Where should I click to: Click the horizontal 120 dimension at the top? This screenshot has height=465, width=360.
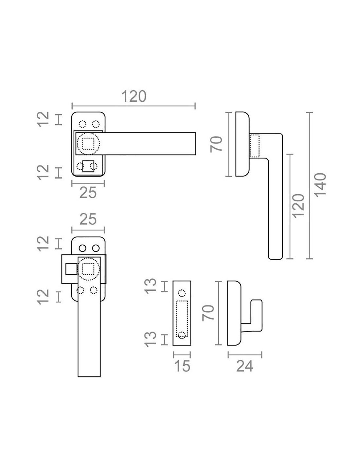134,97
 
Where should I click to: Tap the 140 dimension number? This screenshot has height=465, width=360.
320,185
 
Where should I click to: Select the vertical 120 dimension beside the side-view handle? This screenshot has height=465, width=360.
298,206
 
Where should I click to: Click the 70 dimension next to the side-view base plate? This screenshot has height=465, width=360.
216,144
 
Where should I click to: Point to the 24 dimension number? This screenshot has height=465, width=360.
244,366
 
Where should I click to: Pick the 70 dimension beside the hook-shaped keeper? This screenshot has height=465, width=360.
208,313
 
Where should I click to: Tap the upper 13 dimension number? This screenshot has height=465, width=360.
151,286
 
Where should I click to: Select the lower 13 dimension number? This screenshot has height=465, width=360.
151,339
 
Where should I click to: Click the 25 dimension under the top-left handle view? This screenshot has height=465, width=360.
88,193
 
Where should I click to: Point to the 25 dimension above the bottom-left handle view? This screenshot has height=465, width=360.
88,219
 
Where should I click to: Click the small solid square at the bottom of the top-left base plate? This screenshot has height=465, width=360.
88,166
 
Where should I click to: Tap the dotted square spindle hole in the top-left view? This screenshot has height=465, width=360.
88,144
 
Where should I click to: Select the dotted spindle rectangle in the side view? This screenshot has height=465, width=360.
255,146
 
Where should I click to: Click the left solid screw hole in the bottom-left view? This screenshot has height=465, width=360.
82,248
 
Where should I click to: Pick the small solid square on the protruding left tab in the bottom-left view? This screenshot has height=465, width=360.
71,269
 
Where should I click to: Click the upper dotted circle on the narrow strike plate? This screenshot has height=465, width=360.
182,292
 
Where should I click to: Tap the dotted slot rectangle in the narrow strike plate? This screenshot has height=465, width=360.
182,317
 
